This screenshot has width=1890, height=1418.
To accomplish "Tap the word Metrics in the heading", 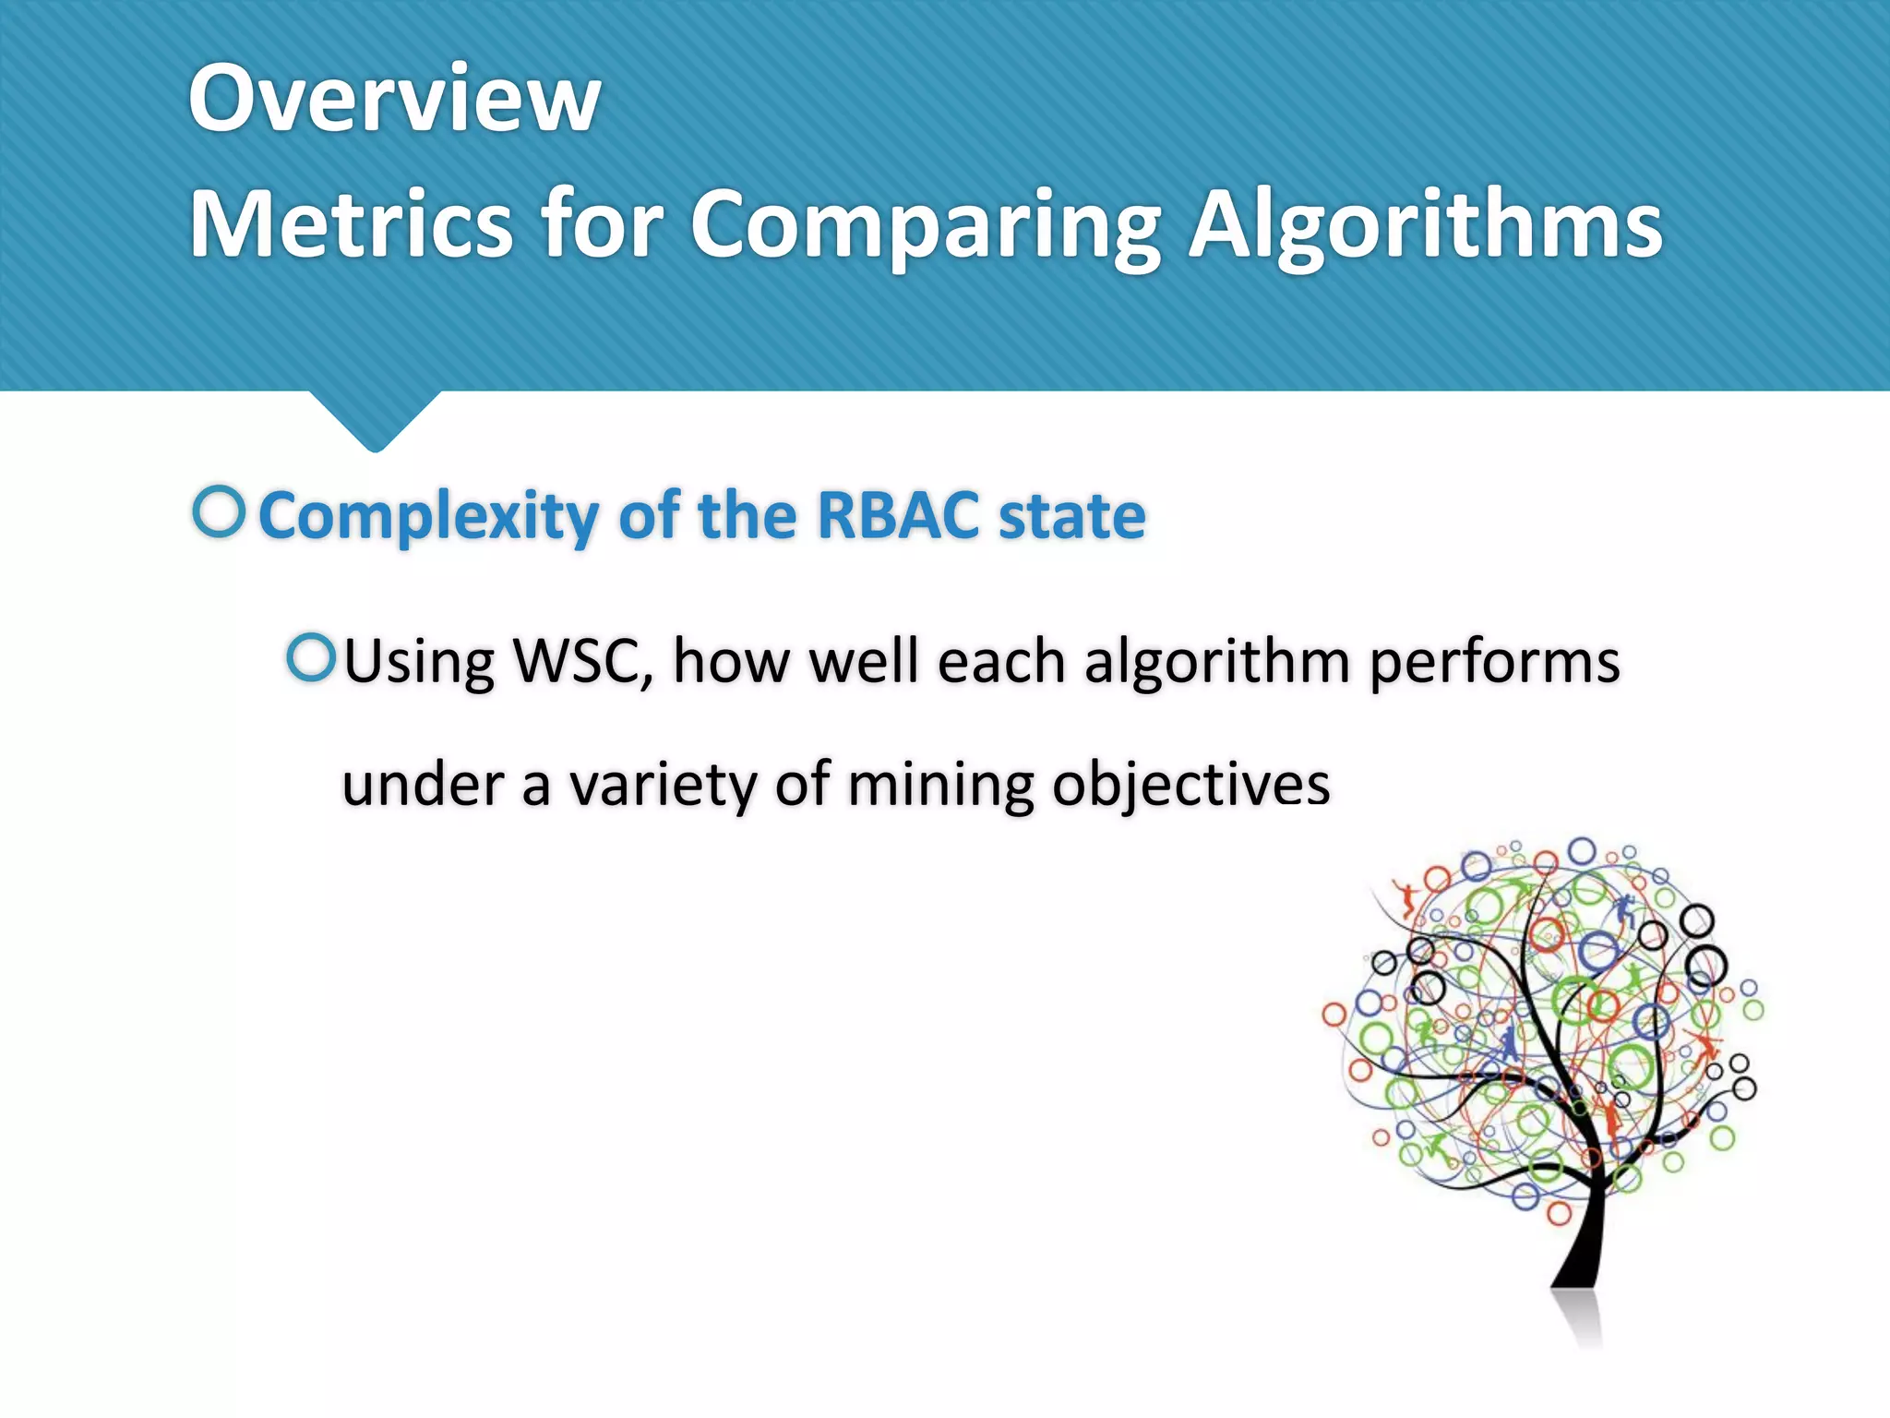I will coord(350,224).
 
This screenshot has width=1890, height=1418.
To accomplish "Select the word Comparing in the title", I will coord(926,224).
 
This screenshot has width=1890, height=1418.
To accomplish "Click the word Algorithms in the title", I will coord(1425,224).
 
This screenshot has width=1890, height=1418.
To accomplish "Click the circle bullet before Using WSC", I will coord(310,657).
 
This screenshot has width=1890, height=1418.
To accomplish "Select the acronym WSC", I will coord(582,661).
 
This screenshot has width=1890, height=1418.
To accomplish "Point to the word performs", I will coord(1494,663).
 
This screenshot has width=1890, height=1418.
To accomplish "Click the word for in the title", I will coord(602,224).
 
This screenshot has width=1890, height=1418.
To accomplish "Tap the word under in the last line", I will coord(422,785).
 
